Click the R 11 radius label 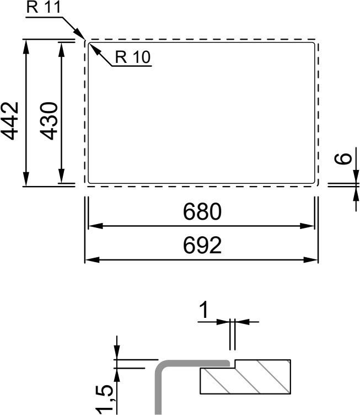44,7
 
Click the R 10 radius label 133,57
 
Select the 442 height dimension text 10,121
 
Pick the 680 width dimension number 202,211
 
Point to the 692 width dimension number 202,245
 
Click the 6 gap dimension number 343,159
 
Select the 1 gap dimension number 204,310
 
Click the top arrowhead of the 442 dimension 26,47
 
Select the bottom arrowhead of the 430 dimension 61,175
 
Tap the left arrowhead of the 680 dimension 95,226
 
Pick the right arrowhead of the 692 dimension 310,260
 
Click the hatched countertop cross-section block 245,376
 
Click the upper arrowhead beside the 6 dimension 356,176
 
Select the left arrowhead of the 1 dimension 223,322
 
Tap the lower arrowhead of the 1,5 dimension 117,375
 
